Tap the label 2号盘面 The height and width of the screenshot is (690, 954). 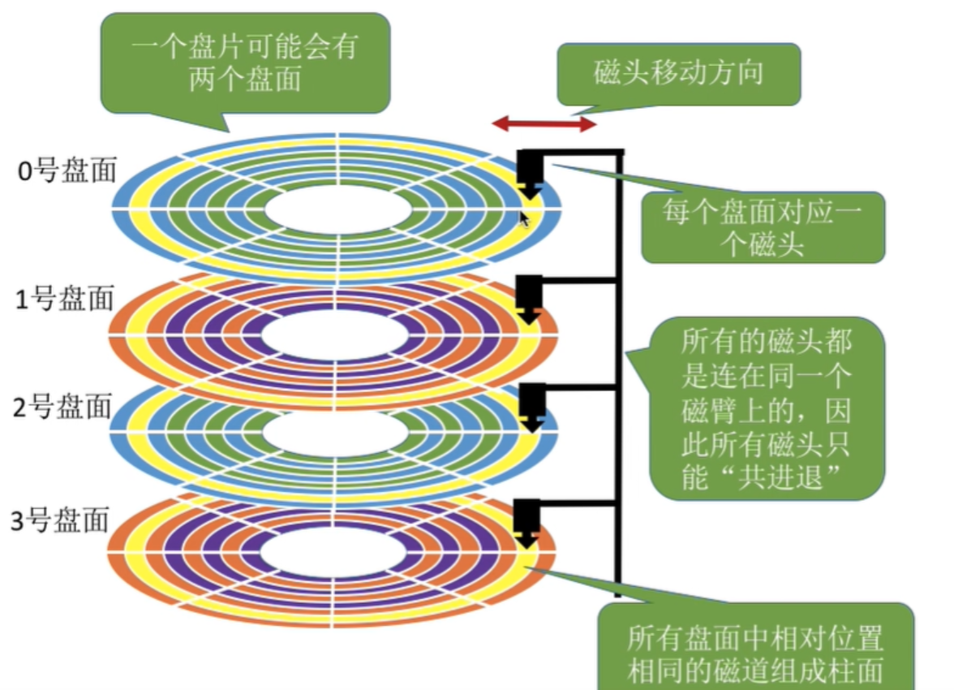coord(62,408)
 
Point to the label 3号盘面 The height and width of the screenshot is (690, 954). coord(59,521)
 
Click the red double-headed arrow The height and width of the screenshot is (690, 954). coord(544,124)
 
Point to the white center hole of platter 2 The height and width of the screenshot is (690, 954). coord(336,436)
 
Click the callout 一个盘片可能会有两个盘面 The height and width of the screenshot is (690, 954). coord(244,63)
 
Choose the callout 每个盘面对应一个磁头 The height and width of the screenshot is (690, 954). coord(762,227)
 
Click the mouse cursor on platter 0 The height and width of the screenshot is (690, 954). coord(524,218)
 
